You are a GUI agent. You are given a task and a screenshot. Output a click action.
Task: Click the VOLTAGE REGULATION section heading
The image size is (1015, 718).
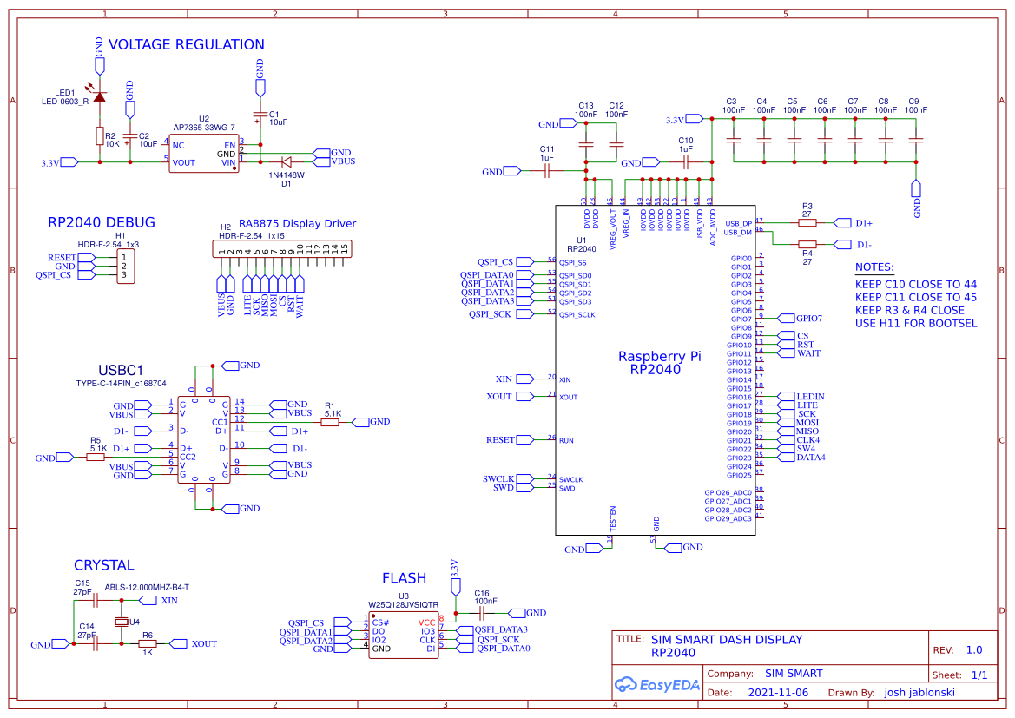click(x=186, y=44)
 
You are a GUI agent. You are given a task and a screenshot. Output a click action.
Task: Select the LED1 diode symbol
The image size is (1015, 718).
click(x=99, y=96)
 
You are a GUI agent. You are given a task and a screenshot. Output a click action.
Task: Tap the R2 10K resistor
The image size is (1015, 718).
click(x=99, y=136)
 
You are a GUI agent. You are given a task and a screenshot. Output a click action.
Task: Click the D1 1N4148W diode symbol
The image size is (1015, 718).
click(x=286, y=161)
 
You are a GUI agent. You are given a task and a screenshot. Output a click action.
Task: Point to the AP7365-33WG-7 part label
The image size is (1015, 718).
click(x=204, y=127)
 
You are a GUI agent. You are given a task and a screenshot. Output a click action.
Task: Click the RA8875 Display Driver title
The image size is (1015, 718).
click(x=297, y=223)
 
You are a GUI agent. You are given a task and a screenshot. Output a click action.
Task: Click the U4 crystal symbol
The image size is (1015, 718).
click(x=121, y=622)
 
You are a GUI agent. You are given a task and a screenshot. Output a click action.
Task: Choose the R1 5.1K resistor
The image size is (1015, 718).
click(x=329, y=422)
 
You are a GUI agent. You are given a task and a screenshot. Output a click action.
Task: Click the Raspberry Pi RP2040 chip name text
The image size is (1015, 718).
click(x=659, y=363)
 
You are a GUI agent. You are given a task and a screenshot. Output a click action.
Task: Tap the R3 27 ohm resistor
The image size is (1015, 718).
click(x=807, y=222)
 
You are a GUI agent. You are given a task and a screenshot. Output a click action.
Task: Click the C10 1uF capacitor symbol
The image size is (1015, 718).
click(x=685, y=162)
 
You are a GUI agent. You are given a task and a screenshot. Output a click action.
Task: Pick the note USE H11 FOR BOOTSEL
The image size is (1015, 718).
click(x=915, y=323)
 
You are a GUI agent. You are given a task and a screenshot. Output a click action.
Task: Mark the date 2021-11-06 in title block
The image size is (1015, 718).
click(x=777, y=693)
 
